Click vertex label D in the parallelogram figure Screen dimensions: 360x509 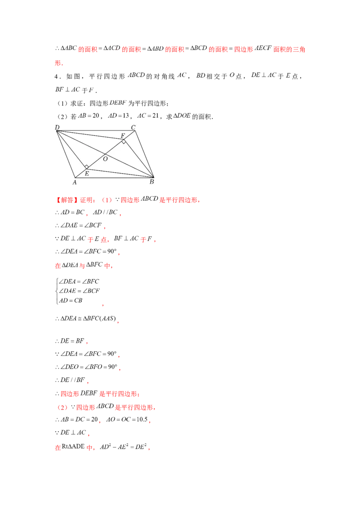point(57,127)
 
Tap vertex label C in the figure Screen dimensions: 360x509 point(133,127)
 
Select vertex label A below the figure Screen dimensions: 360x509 point(74,183)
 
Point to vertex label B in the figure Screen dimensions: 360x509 point(152,182)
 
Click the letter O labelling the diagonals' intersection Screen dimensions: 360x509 point(105,159)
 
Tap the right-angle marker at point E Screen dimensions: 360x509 point(87,167)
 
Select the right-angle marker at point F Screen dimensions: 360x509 point(123,142)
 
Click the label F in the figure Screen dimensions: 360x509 point(123,136)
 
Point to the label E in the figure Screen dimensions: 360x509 point(87,174)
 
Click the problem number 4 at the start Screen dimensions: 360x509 point(56,76)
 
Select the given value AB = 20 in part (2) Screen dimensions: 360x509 point(89,116)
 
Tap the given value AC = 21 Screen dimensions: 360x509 point(148,116)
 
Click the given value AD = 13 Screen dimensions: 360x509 point(119,116)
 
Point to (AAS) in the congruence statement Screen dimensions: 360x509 point(108,318)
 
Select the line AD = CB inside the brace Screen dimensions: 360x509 point(71,301)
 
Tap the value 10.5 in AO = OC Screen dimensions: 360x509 point(142,420)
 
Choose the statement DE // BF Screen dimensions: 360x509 point(72,380)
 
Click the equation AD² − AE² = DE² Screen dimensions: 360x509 point(123,446)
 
